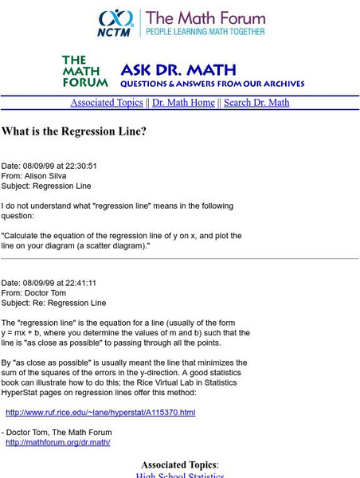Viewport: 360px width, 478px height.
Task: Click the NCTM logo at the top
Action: coord(115,23)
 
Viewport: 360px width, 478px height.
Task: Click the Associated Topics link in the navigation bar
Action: coord(106,103)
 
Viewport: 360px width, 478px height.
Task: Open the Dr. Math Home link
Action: coord(183,103)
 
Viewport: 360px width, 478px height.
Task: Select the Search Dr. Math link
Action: coord(256,103)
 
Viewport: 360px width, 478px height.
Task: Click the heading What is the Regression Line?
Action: coord(74,131)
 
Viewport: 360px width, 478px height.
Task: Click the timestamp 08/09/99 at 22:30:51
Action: coord(60,166)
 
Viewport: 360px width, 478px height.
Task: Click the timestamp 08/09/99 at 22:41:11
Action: coord(60,283)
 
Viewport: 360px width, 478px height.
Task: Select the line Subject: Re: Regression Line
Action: coord(53,303)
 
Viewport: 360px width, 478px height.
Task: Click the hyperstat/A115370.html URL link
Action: coord(100,413)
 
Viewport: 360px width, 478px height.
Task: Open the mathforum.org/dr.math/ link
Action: coord(58,442)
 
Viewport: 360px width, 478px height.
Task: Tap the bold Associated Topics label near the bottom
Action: coord(178,464)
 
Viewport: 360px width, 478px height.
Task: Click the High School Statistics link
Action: coord(180,476)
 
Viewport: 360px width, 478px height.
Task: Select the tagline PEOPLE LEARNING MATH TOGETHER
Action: coord(204,31)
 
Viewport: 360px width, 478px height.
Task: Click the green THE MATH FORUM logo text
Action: coord(84,71)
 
